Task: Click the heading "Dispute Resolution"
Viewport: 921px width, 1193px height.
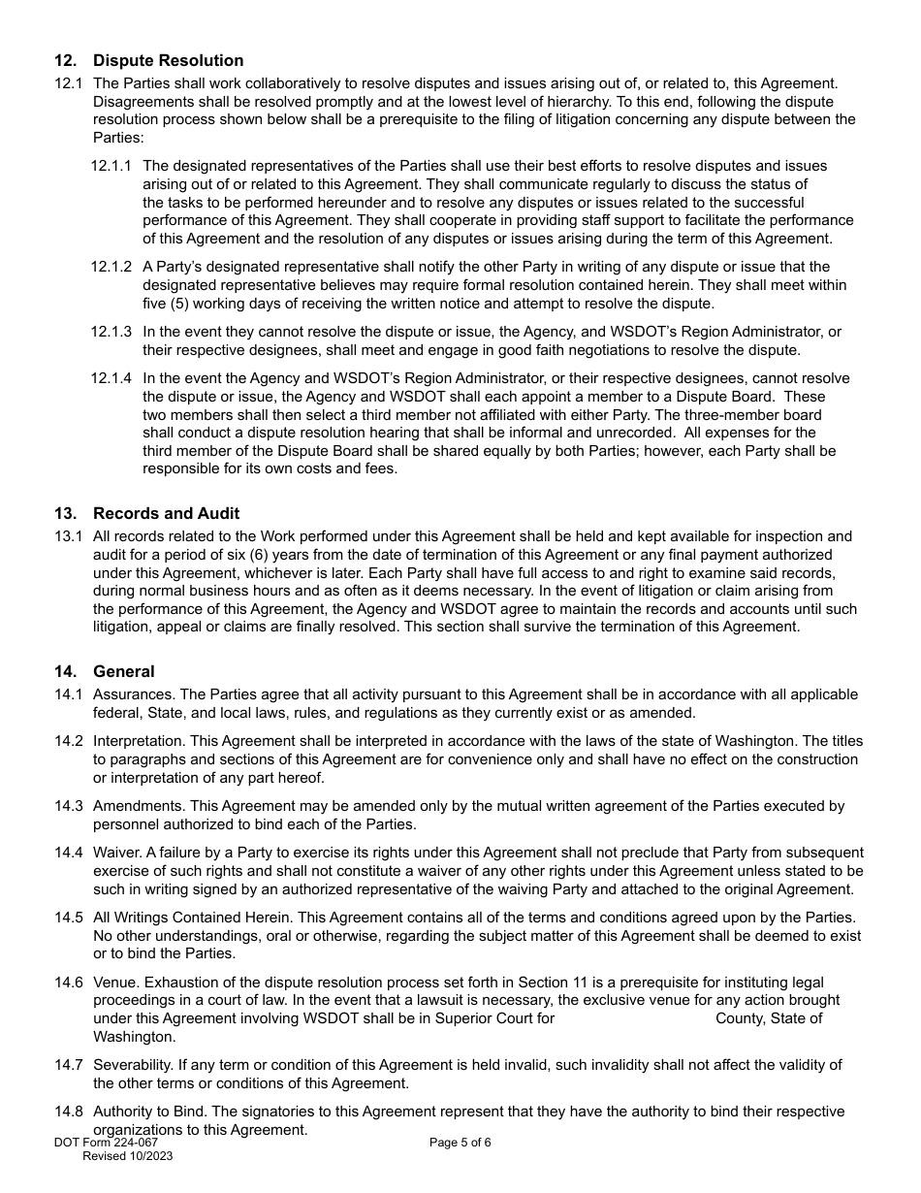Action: pyautogui.click(x=168, y=61)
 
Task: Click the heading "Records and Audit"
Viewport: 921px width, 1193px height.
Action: pyautogui.click(x=166, y=513)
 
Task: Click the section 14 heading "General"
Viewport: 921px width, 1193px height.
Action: pyautogui.click(x=123, y=671)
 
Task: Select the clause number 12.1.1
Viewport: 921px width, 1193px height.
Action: pyautogui.click(x=111, y=166)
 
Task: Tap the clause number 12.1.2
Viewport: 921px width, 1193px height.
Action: pyautogui.click(x=111, y=267)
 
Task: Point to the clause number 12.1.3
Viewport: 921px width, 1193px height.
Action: pyautogui.click(x=111, y=332)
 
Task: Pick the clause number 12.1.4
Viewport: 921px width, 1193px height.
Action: pyautogui.click(x=111, y=378)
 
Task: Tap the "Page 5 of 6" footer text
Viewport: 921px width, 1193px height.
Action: pyautogui.click(x=460, y=1143)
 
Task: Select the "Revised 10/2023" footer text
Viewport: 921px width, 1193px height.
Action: pyautogui.click(x=128, y=1156)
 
